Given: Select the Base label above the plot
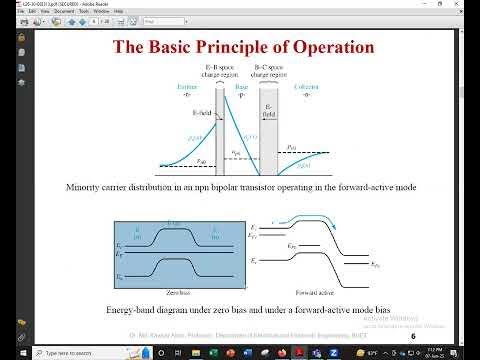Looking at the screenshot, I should pos(241,88).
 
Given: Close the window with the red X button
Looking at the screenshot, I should pos(471,4).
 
